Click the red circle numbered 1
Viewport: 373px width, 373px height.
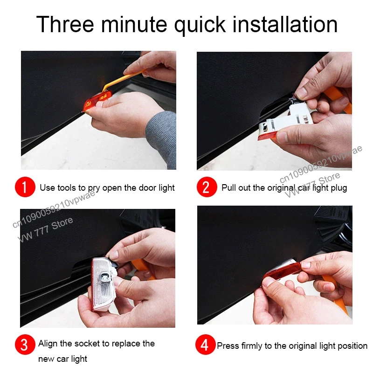[25, 187]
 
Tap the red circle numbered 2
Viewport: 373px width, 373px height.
[207, 187]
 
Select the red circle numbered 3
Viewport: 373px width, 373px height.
[25, 345]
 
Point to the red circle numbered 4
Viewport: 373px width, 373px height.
[206, 345]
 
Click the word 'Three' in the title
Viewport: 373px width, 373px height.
[65, 24]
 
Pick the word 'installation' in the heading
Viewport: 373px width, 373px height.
[285, 24]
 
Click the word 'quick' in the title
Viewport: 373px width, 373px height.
[200, 26]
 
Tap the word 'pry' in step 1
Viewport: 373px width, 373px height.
[94, 188]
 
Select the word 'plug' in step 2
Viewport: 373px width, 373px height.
[338, 188]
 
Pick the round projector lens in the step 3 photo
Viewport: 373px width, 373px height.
[104, 276]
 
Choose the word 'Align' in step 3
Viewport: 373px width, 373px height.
[48, 344]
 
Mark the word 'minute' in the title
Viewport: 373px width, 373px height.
[134, 24]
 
